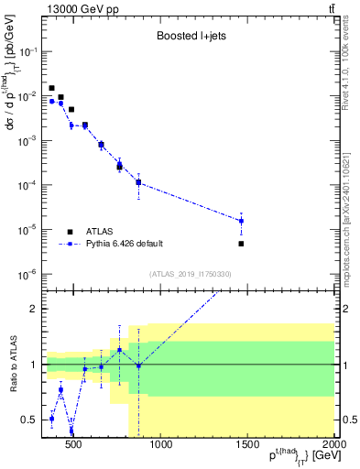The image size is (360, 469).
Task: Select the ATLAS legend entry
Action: point(103,232)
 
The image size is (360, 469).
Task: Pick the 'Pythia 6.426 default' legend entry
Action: point(125,244)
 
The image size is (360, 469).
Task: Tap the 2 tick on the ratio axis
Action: point(35,309)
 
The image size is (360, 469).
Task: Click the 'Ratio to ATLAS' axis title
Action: point(12,365)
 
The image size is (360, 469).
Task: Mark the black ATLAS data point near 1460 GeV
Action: point(242,244)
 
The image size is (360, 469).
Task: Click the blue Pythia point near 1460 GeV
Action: point(242,221)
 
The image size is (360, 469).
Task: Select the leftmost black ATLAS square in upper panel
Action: point(51,88)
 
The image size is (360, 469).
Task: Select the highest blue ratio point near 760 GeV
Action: point(119,350)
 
